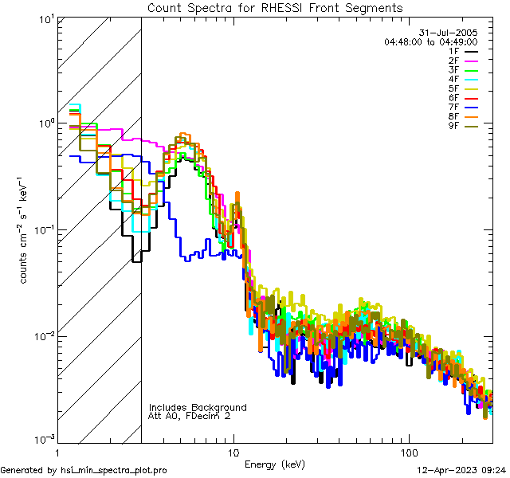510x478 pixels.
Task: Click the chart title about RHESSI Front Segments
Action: (275, 7)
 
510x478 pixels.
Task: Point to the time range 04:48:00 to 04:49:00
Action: (430, 41)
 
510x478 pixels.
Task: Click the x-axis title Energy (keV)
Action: (275, 464)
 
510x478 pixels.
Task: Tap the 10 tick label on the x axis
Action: (233, 451)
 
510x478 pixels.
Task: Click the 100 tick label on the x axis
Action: (409, 451)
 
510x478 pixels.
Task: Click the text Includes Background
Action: (198, 407)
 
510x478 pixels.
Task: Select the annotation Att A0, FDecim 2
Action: (190, 416)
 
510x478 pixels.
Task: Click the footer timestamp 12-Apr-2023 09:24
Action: (458, 470)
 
